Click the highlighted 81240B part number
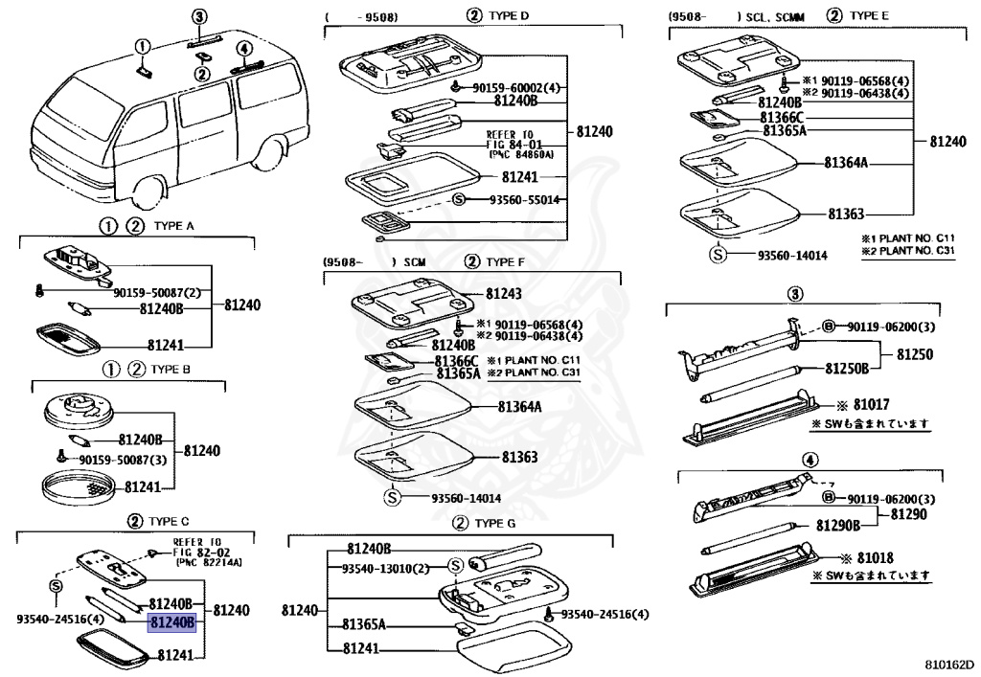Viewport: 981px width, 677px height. pos(172,622)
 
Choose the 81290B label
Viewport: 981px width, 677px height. pos(838,525)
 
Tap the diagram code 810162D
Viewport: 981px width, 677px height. pos(948,663)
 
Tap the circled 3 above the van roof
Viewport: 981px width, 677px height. pos(199,16)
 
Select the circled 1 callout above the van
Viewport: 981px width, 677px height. pos(142,45)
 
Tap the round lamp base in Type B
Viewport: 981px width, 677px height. pos(79,411)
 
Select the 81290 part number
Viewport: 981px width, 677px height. pos(909,514)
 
